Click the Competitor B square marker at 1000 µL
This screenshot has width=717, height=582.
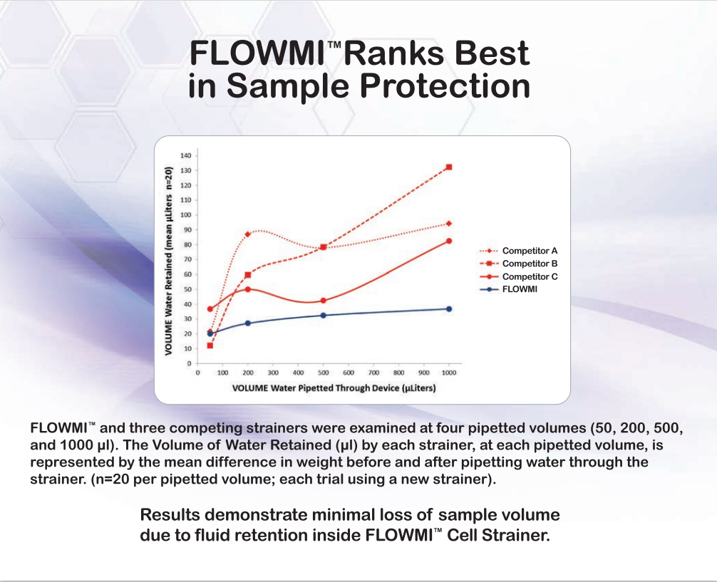[x=448, y=167]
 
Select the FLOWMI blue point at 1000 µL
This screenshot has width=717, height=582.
[x=448, y=309]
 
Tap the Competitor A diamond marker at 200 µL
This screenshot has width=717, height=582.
[x=248, y=234]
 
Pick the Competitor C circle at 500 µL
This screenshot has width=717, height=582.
[x=324, y=301]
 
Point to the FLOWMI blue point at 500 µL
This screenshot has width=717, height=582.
[x=324, y=316]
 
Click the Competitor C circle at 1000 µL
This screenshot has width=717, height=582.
[x=448, y=241]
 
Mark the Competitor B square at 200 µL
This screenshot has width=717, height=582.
[x=248, y=275]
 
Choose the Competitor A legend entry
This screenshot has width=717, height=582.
[x=518, y=251]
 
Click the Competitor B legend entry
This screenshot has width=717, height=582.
[x=518, y=264]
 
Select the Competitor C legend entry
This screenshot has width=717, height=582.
[x=518, y=276]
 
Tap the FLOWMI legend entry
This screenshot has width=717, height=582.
[x=508, y=289]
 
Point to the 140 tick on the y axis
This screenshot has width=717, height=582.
[x=186, y=155]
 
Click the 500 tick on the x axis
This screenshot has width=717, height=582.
[x=324, y=373]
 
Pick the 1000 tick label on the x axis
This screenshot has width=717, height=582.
[x=448, y=373]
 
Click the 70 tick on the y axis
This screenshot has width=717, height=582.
[x=187, y=260]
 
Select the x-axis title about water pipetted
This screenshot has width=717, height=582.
[x=334, y=388]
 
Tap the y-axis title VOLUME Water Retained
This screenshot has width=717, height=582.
[x=168, y=261]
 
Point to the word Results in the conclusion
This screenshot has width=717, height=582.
[x=170, y=515]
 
